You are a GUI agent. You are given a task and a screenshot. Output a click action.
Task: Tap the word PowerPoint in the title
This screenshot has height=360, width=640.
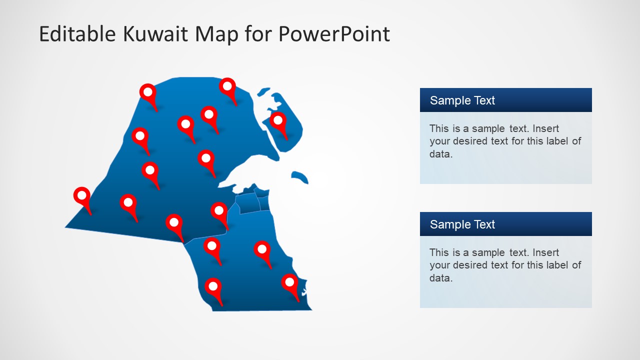[334, 34]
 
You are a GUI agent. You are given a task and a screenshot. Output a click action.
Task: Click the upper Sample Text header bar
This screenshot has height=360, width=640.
[505, 100]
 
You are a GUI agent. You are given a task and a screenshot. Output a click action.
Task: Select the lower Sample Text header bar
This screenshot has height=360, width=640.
[505, 224]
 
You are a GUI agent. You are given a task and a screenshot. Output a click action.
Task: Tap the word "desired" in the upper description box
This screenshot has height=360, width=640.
[472, 141]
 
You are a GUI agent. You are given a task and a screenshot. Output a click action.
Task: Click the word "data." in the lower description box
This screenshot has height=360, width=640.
[440, 278]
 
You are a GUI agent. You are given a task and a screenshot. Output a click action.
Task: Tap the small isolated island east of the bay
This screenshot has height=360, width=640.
[300, 176]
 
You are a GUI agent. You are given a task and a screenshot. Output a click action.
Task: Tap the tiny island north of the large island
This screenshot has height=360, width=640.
[263, 92]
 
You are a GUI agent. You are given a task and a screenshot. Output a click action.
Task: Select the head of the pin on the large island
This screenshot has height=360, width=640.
[278, 119]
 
